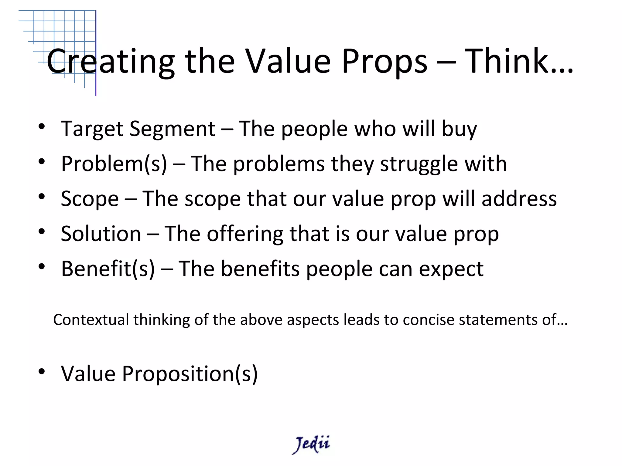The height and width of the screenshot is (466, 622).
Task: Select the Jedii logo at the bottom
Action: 311,444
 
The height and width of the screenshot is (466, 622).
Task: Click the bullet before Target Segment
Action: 42,127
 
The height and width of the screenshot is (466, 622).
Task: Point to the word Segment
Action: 172,129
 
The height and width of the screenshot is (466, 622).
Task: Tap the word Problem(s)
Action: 114,164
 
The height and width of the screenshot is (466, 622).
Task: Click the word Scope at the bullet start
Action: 90,199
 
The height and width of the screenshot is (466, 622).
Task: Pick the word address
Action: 519,199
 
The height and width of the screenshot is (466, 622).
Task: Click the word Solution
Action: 101,234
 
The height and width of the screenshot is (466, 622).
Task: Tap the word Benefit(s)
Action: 108,269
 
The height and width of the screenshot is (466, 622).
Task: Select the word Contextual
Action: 91,320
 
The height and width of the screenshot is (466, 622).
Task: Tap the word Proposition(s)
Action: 190,374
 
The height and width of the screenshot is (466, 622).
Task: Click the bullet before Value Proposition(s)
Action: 42,371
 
